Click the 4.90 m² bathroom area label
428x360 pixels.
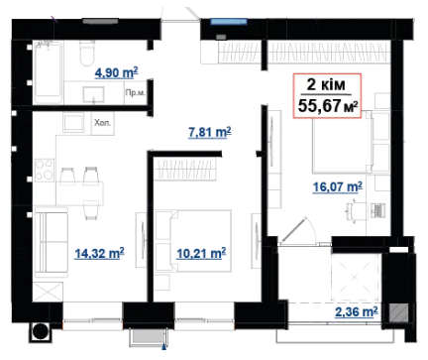point(116,72)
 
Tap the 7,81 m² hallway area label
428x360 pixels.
point(210,132)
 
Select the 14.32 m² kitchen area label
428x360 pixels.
point(99,254)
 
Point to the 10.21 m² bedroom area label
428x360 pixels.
point(201,254)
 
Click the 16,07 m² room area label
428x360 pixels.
point(338,187)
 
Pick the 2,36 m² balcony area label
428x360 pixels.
point(357,311)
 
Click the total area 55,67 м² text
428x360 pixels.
point(328,106)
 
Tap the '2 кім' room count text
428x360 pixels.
point(326,84)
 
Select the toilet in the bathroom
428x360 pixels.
point(87,54)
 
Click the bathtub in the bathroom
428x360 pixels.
point(49,72)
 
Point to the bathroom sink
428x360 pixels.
point(93,94)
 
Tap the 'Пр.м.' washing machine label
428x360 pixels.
point(135,93)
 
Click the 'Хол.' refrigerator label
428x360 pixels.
point(102,123)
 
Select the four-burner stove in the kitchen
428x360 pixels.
point(45,170)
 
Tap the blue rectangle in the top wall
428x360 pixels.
point(229,22)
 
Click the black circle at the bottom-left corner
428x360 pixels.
point(41,331)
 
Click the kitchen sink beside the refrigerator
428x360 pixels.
point(73,123)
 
